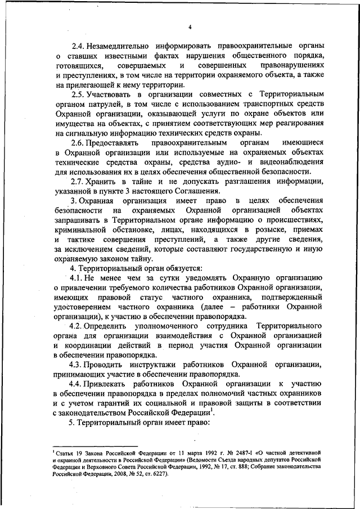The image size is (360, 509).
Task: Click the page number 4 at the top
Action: coord(190,27)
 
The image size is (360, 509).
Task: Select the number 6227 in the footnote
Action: coord(159,474)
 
